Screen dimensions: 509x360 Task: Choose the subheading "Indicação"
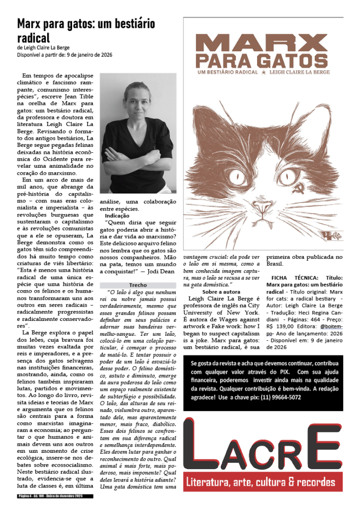[117, 216]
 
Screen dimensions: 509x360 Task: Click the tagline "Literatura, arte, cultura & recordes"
[263, 482]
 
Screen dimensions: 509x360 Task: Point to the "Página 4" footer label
[24, 496]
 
